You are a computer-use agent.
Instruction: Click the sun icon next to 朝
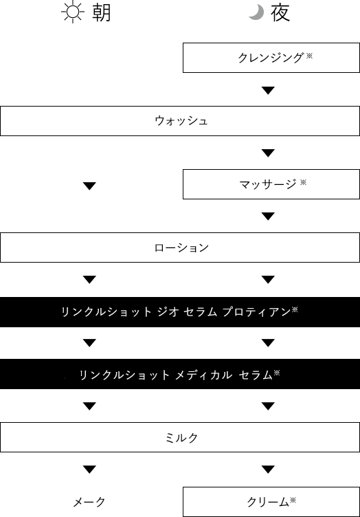[73, 12]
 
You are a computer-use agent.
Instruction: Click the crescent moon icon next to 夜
[257, 12]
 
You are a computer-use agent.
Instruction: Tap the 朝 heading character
[102, 13]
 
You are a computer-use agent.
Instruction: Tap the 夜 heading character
[280, 13]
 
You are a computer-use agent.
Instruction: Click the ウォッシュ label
[181, 121]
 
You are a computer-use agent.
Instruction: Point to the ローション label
[181, 247]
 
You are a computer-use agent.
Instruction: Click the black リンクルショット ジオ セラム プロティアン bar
[180, 312]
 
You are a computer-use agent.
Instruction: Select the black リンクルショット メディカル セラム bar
[180, 374]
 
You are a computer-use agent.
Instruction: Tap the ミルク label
[181, 437]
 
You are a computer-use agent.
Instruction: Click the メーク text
[89, 502]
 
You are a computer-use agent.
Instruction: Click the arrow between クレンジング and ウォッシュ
[268, 90]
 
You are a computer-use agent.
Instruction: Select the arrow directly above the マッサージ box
[268, 153]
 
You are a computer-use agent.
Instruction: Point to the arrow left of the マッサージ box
[89, 186]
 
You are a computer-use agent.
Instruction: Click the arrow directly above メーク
[89, 469]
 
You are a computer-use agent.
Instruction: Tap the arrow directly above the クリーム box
[268, 469]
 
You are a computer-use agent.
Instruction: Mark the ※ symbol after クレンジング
[309, 56]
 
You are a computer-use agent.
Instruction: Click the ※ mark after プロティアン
[295, 309]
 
